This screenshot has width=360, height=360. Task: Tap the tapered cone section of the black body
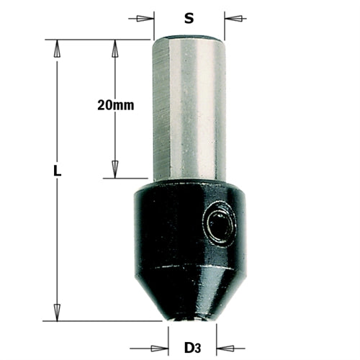tap(189, 288)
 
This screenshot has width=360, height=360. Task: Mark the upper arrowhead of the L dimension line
tap(57, 45)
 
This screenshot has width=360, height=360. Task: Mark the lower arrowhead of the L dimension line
tap(57, 315)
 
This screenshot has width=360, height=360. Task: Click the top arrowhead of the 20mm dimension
tap(114, 45)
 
